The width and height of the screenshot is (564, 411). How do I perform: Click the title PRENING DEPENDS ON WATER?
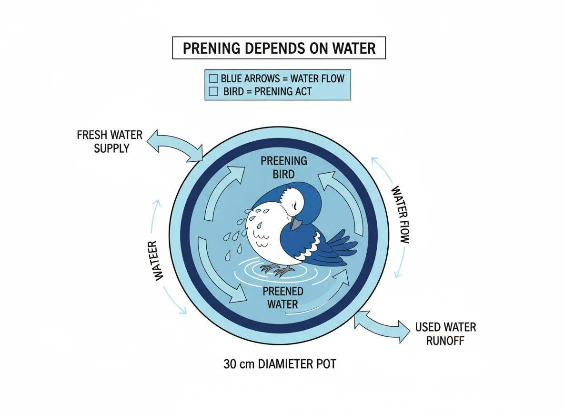click(279, 49)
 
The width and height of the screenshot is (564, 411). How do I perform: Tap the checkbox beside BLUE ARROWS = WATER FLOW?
click(213, 78)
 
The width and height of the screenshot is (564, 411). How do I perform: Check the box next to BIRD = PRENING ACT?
click(213, 91)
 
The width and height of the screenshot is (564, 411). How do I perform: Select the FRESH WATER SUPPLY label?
click(110, 141)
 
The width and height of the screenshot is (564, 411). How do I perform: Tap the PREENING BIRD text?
click(283, 167)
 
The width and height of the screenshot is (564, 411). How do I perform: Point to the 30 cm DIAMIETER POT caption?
click(280, 364)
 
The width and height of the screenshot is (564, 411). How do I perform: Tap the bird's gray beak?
click(296, 223)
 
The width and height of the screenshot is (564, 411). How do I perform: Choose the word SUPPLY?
click(111, 148)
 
